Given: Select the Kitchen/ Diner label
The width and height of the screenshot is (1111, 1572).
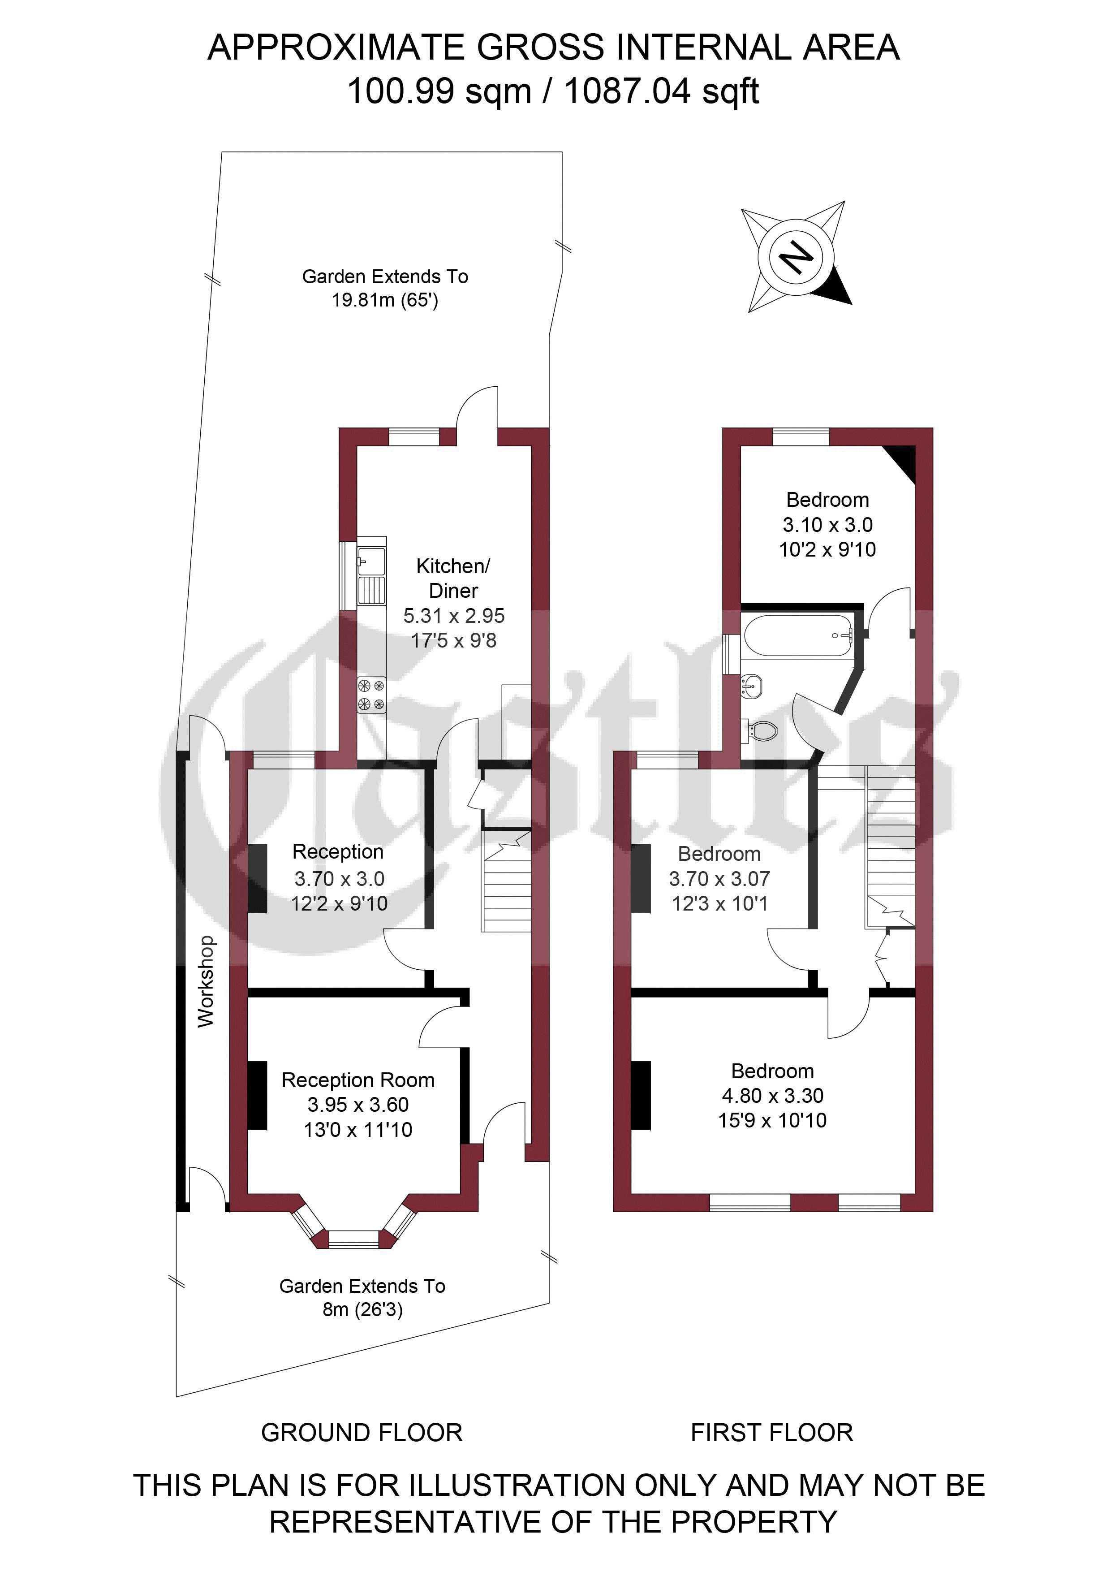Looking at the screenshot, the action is [x=453, y=578].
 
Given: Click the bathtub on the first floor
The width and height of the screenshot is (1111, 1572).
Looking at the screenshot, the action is [x=798, y=635].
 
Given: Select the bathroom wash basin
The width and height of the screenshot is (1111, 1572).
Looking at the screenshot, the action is [x=751, y=685].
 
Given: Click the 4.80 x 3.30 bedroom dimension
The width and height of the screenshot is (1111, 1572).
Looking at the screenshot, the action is [x=772, y=1096].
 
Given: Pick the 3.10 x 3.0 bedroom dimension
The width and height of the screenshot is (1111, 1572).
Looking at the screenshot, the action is [x=827, y=524].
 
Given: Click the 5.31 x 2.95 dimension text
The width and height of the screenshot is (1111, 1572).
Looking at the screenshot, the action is [x=454, y=616].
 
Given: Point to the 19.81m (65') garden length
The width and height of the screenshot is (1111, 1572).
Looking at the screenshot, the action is [x=385, y=300].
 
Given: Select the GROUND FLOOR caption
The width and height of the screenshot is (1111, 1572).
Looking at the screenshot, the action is [x=362, y=1432].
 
